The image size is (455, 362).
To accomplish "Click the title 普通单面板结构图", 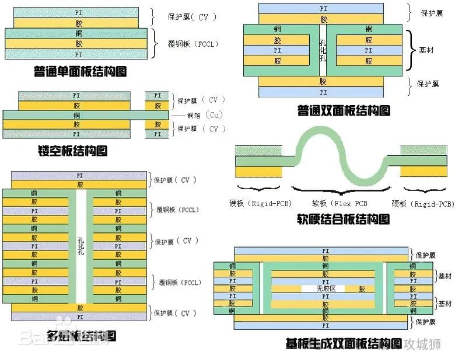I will [80, 72].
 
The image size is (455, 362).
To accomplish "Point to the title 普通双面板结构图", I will [344, 110].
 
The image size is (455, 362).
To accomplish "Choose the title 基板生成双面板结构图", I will [344, 343].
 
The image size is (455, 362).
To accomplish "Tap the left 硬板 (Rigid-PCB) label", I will [260, 204].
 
